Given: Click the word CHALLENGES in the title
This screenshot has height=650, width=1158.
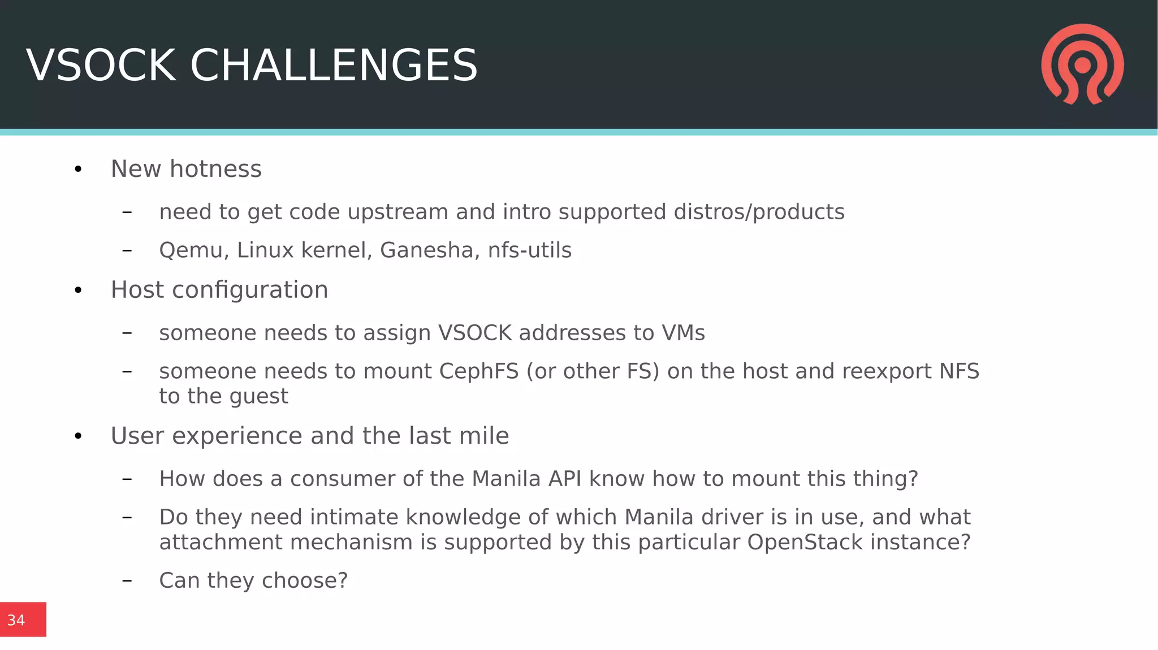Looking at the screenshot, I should (x=334, y=66).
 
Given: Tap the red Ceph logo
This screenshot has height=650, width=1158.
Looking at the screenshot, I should (x=1082, y=64).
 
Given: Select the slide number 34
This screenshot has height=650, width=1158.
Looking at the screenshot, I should (x=16, y=620).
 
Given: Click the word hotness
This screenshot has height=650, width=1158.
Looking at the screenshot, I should (x=215, y=169).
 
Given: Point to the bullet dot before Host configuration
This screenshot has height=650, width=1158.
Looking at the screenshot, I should (x=78, y=291).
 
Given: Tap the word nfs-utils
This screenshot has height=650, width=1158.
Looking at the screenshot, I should (x=530, y=250).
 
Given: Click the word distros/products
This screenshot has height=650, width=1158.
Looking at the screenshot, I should (x=759, y=212).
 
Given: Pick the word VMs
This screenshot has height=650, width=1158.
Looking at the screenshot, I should (x=684, y=333).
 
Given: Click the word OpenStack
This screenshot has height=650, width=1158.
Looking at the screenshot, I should (x=805, y=542).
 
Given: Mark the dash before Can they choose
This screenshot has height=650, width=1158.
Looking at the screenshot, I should (x=127, y=580).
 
